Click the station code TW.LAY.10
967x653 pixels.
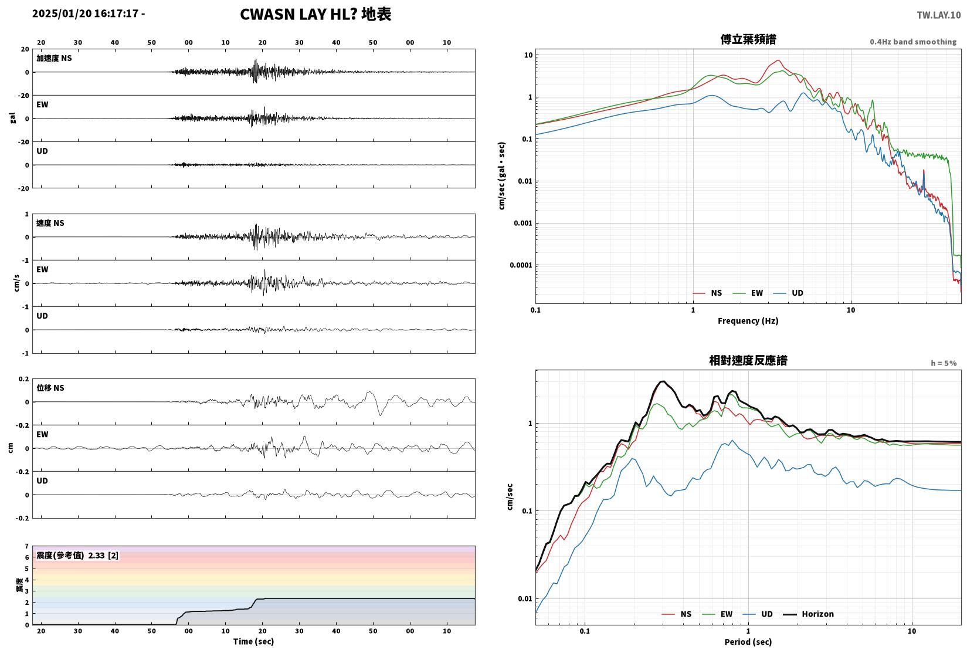pyautogui.click(x=938, y=15)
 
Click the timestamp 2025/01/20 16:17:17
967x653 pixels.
pyautogui.click(x=85, y=13)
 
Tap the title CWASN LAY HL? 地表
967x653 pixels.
pyautogui.click(x=315, y=14)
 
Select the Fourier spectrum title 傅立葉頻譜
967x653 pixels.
pyautogui.click(x=748, y=39)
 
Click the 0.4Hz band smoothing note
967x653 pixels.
pyautogui.click(x=913, y=42)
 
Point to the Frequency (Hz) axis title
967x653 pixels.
pyautogui.click(x=748, y=321)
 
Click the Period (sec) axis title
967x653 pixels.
pyautogui.click(x=748, y=642)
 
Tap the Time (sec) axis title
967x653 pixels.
pyautogui.click(x=254, y=641)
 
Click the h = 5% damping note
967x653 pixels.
pyautogui.click(x=944, y=363)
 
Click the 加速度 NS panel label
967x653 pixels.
pyautogui.click(x=54, y=58)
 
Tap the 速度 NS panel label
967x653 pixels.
pyautogui.click(x=50, y=223)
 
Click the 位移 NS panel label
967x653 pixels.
pyautogui.click(x=50, y=388)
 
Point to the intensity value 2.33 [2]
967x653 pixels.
pyautogui.click(x=103, y=556)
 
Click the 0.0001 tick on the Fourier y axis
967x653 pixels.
pyautogui.click(x=521, y=265)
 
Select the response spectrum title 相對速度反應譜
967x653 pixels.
pyautogui.click(x=748, y=361)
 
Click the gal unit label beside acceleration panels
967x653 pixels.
pyautogui.click(x=12, y=118)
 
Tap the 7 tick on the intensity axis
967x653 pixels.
pyautogui.click(x=27, y=546)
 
